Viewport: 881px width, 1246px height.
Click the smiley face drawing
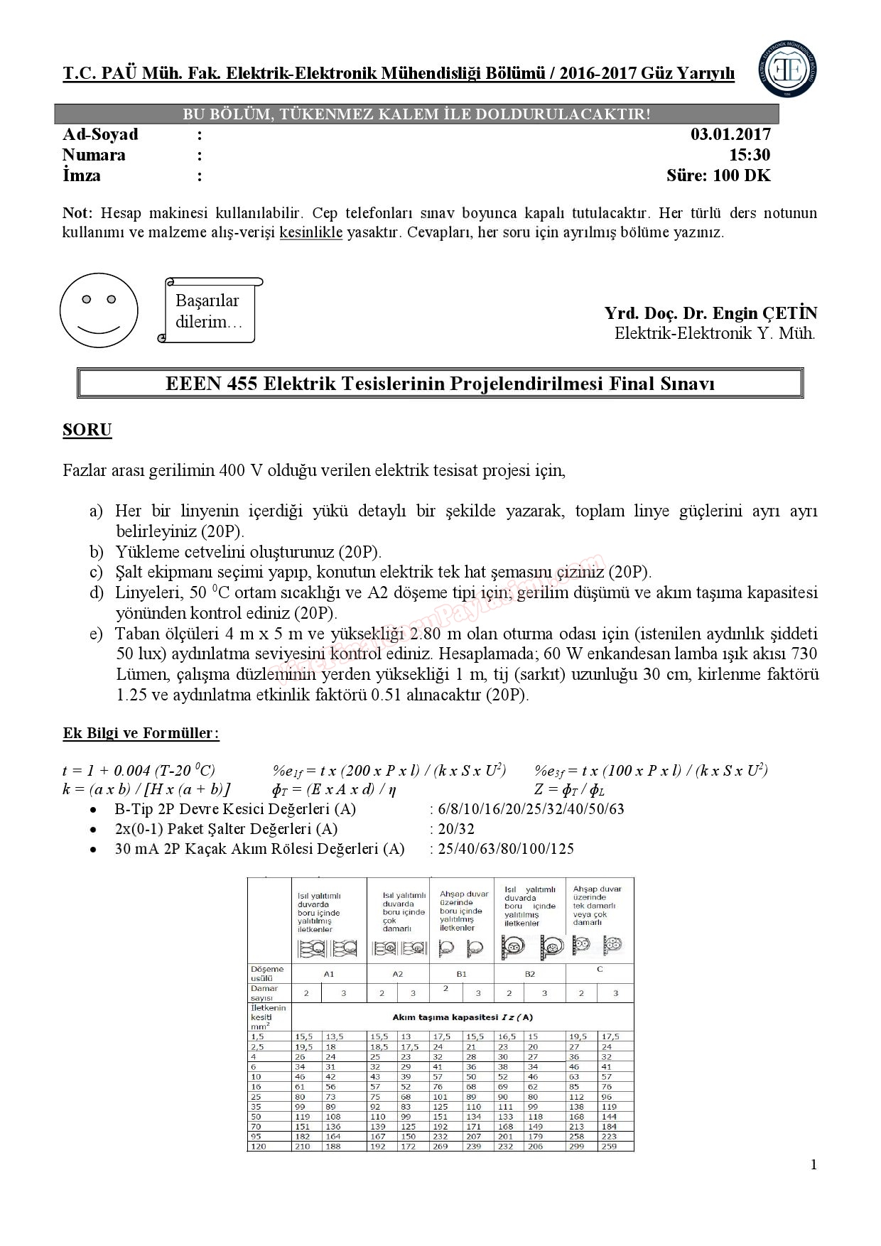click(x=99, y=310)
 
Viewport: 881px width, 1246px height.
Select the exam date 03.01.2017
click(x=730, y=134)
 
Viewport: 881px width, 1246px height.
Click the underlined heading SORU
click(x=87, y=430)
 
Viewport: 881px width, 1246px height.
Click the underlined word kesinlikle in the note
click(x=311, y=232)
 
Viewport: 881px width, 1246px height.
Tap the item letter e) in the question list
click(x=96, y=633)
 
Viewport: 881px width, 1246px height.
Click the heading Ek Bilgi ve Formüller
click(x=141, y=733)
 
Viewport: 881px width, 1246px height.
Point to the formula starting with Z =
click(x=569, y=789)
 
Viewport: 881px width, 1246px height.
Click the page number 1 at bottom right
click(x=814, y=1164)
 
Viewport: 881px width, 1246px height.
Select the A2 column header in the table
click(x=398, y=973)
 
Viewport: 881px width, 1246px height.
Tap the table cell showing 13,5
click(x=334, y=1036)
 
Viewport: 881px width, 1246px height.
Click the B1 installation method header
click(x=461, y=973)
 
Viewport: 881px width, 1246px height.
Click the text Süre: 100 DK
click(x=718, y=175)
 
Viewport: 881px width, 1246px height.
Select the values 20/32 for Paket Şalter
click(x=456, y=828)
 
